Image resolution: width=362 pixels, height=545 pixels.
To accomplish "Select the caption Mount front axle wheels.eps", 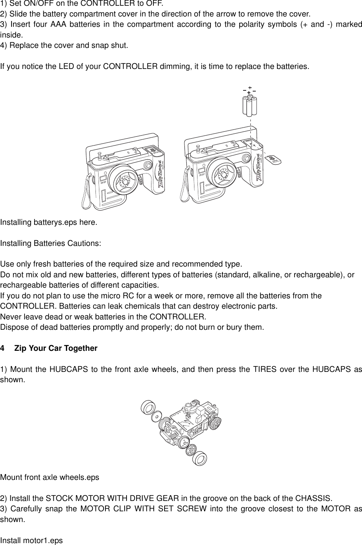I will point(50,478).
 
